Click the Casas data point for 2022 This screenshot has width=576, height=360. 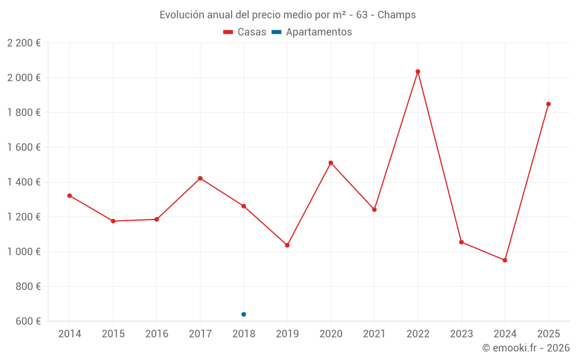coord(418,71)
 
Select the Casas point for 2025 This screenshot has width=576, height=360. coord(548,104)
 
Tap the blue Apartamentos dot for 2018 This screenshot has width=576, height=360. coord(244,314)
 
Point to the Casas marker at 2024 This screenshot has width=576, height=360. coord(505,260)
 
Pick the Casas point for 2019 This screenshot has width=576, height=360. coord(287,245)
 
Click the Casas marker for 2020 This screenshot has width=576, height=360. coord(331,163)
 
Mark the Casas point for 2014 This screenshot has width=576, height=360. coord(70,196)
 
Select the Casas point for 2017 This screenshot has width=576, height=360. coord(200,179)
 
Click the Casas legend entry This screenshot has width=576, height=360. coord(245,32)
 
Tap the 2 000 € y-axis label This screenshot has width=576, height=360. coord(24,78)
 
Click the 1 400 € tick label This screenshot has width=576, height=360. coord(24,182)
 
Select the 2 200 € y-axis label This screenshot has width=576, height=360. coord(24,43)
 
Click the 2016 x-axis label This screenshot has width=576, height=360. coord(157,334)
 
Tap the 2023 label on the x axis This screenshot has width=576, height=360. coord(461,334)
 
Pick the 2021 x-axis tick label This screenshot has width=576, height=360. coord(374,334)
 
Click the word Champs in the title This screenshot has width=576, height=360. coord(396,15)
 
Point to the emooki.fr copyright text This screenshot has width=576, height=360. coord(525,348)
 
